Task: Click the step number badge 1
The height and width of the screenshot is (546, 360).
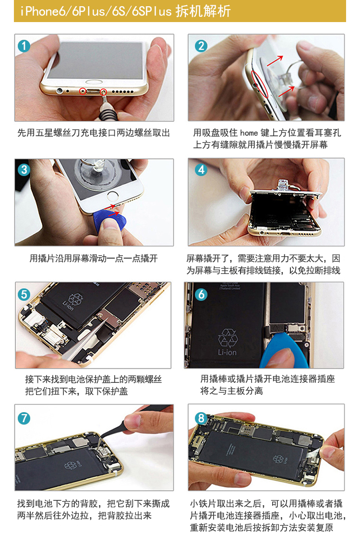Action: [24, 46]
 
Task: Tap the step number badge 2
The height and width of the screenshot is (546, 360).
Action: [201, 46]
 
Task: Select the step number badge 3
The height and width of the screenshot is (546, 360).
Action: [24, 170]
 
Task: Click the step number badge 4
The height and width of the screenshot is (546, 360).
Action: [201, 170]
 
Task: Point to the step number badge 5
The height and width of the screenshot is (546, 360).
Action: [24, 294]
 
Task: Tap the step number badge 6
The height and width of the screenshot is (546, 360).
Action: [201, 294]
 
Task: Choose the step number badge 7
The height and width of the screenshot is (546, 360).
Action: [24, 418]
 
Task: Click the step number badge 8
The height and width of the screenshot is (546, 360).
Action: [201, 418]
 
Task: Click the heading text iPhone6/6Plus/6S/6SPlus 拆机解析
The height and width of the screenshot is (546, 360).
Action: [125, 11]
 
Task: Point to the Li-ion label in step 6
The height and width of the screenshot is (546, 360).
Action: [227, 352]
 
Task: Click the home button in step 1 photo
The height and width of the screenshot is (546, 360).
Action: [95, 82]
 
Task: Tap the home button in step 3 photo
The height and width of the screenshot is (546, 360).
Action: [113, 195]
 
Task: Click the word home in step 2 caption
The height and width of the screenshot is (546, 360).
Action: [249, 133]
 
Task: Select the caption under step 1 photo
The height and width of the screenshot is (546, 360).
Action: [94, 133]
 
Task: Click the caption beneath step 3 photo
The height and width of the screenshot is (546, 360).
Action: [94, 258]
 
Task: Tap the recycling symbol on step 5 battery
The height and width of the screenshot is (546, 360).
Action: [76, 299]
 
